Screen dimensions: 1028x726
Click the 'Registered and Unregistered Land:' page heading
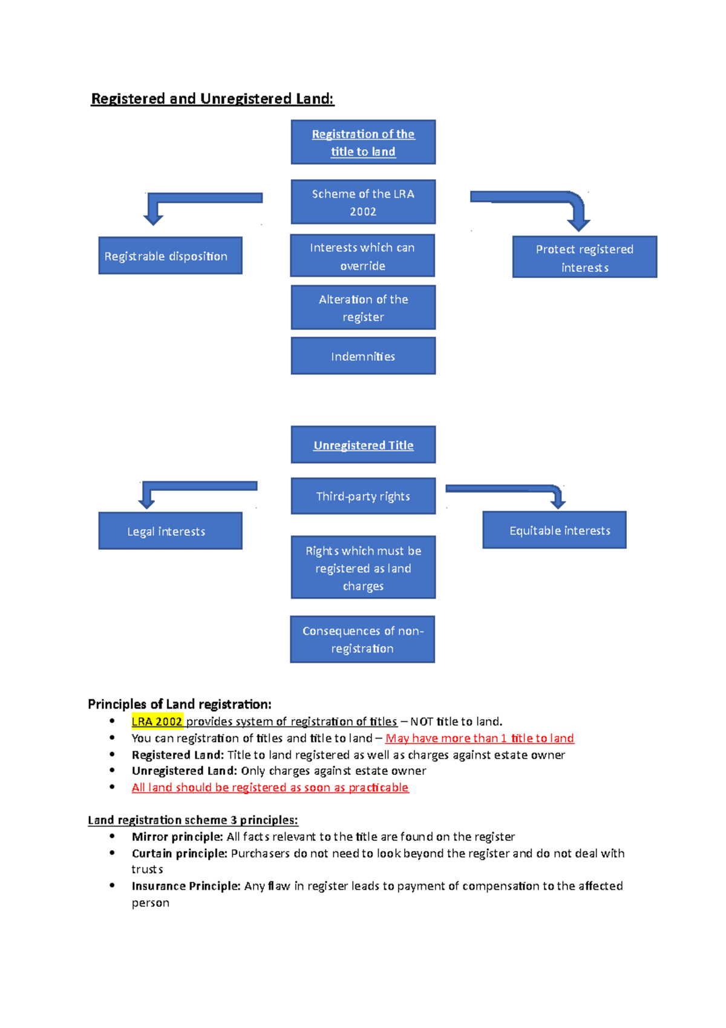(212, 99)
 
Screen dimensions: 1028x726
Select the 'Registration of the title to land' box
(363, 142)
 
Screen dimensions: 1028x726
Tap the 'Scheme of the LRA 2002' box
(363, 202)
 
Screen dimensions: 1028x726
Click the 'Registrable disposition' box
(170, 255)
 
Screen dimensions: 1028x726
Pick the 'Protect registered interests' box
(584, 257)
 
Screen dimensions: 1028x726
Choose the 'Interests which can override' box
(362, 256)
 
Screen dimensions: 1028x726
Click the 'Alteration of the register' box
(363, 308)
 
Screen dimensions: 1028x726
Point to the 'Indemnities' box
(363, 356)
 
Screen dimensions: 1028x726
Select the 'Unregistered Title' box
(363, 445)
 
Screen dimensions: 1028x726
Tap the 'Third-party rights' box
(363, 496)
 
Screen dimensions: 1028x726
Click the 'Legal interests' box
(170, 531)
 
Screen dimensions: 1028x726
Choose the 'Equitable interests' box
(554, 530)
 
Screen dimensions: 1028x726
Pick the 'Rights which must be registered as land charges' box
(363, 567)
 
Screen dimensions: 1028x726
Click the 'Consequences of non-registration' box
(362, 639)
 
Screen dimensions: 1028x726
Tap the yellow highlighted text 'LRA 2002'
(157, 721)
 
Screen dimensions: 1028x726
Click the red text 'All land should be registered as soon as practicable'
(270, 787)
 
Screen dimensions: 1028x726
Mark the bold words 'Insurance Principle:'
(186, 886)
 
